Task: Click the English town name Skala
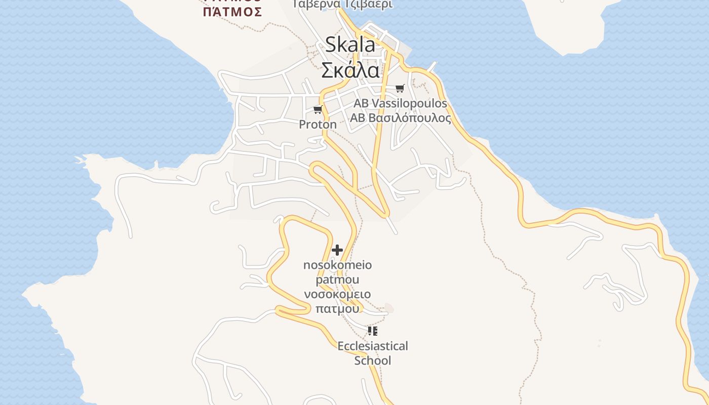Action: (350, 45)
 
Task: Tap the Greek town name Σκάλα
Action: (350, 70)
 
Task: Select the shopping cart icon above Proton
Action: (318, 109)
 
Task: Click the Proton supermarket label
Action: (318, 125)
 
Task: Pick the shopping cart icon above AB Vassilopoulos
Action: (400, 89)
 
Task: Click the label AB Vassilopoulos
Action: (400, 103)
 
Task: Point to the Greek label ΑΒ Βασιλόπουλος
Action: (400, 118)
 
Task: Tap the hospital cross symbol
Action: (337, 250)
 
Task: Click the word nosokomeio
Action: (337, 265)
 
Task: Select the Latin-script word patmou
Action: (337, 279)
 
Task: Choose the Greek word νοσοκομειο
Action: (337, 294)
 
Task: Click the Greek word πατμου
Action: (337, 308)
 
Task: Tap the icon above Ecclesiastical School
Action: (373, 331)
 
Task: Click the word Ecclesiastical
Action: (373, 346)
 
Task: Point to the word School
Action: (373, 360)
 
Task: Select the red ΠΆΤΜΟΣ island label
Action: (232, 11)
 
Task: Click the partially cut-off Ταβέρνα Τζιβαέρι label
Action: (342, 4)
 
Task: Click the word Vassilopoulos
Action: (409, 103)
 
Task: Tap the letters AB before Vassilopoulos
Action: (361, 103)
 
